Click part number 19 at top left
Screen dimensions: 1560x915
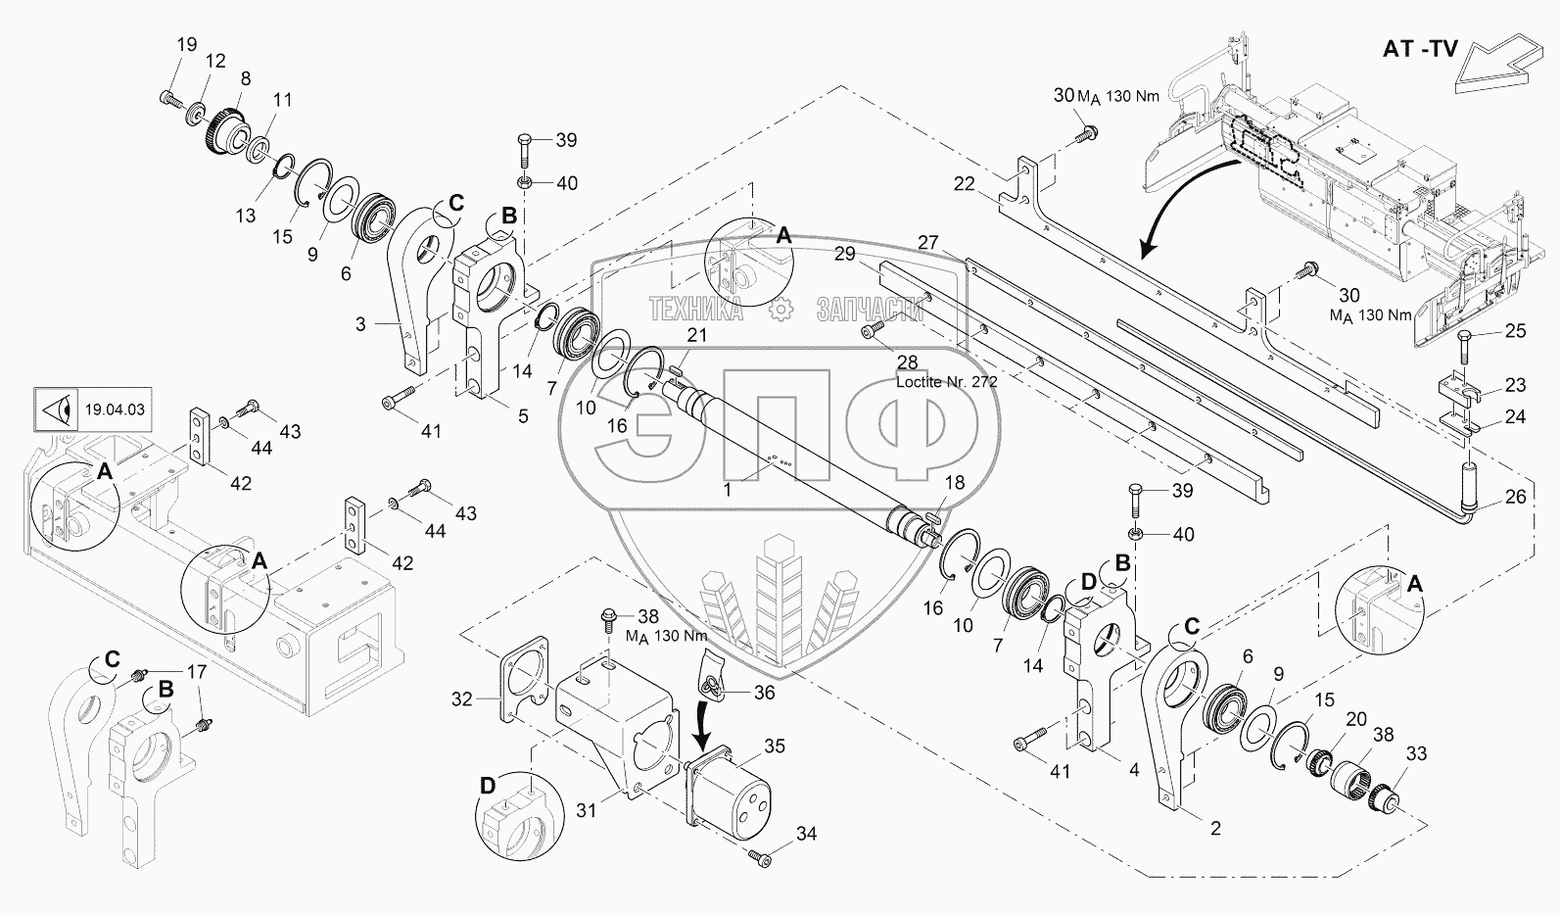[187, 45]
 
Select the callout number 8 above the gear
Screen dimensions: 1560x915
[245, 78]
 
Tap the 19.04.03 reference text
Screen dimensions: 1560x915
[115, 409]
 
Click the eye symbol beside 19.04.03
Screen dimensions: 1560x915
[58, 409]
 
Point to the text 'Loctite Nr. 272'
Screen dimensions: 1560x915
[946, 382]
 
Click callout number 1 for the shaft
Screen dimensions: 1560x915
[727, 490]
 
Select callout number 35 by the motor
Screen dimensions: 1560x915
[775, 746]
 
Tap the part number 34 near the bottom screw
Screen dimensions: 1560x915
[807, 834]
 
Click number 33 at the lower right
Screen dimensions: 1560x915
[1417, 753]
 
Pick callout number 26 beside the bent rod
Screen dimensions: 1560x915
[1515, 496]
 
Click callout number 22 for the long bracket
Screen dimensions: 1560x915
[965, 183]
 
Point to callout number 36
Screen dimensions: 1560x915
[765, 692]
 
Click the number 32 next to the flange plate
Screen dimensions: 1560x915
[461, 698]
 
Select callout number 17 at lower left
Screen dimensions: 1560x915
[197, 672]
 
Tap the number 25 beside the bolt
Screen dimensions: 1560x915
[1515, 330]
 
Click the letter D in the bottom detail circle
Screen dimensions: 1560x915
[488, 786]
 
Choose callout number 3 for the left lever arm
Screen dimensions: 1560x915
[360, 323]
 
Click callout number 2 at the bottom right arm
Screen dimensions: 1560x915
[1215, 828]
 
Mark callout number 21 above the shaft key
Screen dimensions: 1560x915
[697, 335]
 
